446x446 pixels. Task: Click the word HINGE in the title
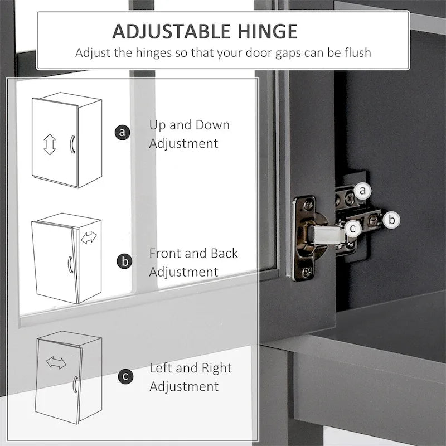(x=268, y=31)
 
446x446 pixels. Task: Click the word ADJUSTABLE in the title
(x=171, y=31)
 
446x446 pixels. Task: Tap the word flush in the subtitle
(x=357, y=52)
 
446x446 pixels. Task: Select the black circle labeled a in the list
(x=123, y=132)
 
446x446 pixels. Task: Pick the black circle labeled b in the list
(x=124, y=261)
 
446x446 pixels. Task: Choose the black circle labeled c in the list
(x=125, y=376)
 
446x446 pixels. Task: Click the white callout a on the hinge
(x=362, y=191)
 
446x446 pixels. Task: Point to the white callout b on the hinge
(x=391, y=220)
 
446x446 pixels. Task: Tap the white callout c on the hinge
(x=353, y=229)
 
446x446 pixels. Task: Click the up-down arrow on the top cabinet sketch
(x=50, y=144)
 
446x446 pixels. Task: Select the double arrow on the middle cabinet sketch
(x=89, y=237)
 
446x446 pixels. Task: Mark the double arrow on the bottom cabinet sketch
(x=56, y=363)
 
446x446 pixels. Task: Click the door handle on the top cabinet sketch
(x=72, y=144)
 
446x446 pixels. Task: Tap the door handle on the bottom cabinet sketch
(x=75, y=384)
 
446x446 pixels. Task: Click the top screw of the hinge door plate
(x=309, y=204)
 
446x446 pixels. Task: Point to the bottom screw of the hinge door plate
(x=307, y=272)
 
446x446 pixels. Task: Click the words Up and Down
(x=190, y=125)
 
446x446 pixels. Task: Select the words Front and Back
(x=193, y=253)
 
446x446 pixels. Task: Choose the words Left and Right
(x=191, y=368)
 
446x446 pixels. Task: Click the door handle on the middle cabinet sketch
(x=70, y=265)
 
